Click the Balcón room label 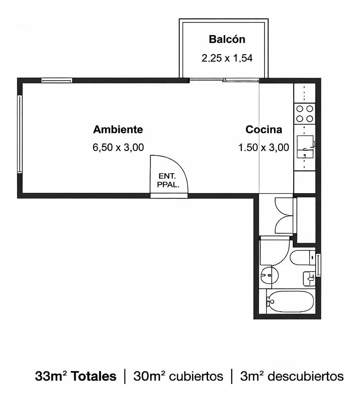[x=227, y=39]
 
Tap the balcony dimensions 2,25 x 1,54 [x=227, y=58]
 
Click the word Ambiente [x=118, y=129]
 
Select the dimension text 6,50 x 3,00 [x=118, y=147]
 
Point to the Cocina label [x=264, y=129]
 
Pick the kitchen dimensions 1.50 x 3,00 [x=264, y=148]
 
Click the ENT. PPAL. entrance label [x=168, y=180]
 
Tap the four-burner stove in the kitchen [x=305, y=114]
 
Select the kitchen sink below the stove [x=305, y=146]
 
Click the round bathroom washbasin [x=269, y=275]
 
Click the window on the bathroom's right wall [x=318, y=265]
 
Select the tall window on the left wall [x=20, y=134]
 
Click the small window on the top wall [x=57, y=80]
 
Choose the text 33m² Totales [x=76, y=376]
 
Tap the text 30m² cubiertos [x=178, y=376]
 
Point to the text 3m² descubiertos [x=292, y=376]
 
